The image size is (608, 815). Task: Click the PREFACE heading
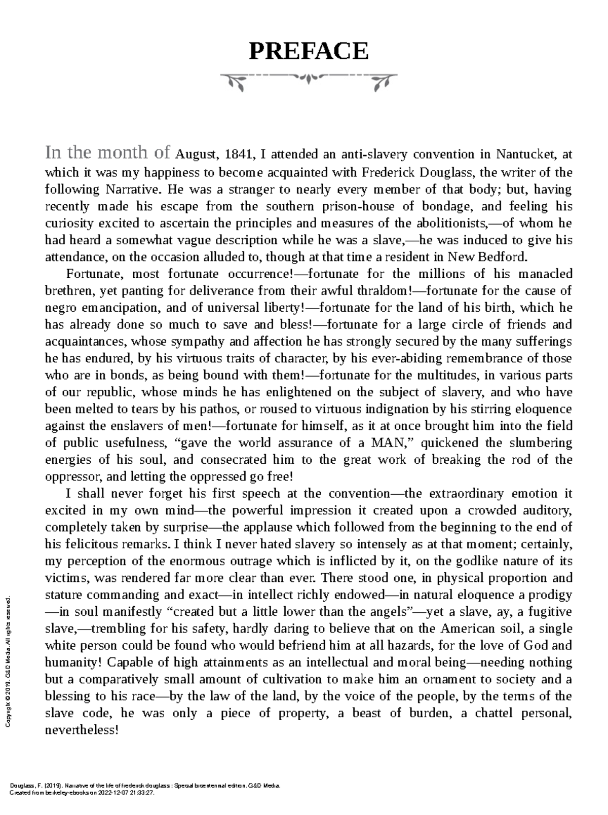[x=308, y=51]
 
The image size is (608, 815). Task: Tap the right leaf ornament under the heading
[x=382, y=82]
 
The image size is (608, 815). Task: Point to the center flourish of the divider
[x=309, y=78]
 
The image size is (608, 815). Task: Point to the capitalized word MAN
[x=388, y=442]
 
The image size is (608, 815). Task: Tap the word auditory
[x=547, y=510]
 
